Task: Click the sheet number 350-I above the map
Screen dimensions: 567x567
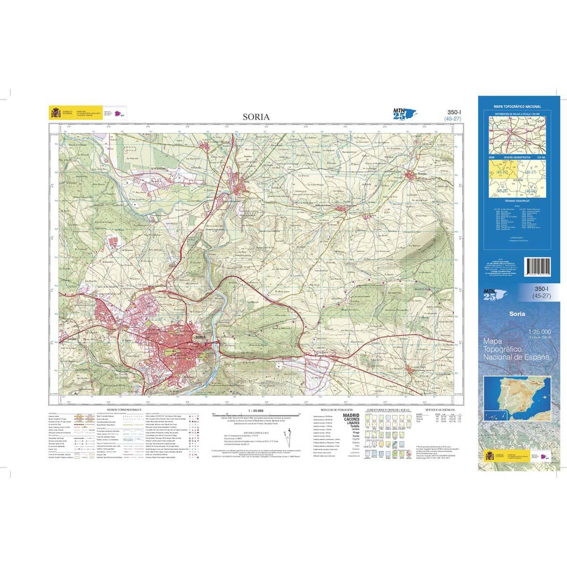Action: [x=454, y=112]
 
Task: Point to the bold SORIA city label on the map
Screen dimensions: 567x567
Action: [x=200, y=337]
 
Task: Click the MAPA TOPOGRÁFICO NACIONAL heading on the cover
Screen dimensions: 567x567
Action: [x=516, y=107]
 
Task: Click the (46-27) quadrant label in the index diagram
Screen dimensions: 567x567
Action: [x=532, y=173]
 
